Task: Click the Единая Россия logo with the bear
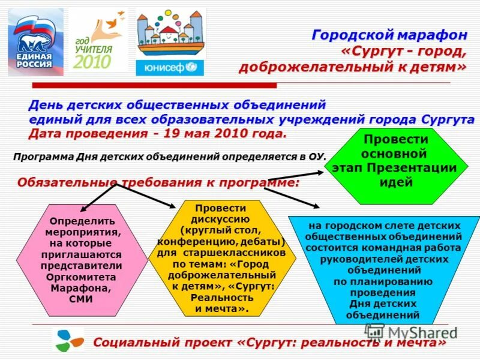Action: coord(34,42)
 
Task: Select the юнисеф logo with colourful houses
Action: coord(170,42)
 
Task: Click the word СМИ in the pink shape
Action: coord(81,299)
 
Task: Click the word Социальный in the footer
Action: coord(129,343)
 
